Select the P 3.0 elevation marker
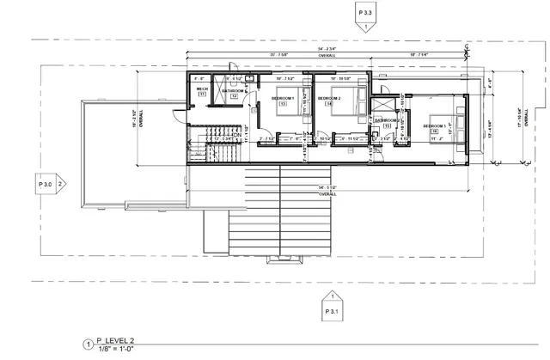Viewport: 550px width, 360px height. (x=46, y=183)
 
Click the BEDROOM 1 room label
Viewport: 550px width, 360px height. (x=284, y=98)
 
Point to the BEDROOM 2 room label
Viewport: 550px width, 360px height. (x=330, y=98)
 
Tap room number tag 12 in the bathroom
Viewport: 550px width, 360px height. (x=233, y=96)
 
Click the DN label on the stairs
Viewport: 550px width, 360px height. (x=235, y=135)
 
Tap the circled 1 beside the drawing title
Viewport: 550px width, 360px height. (x=86, y=345)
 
